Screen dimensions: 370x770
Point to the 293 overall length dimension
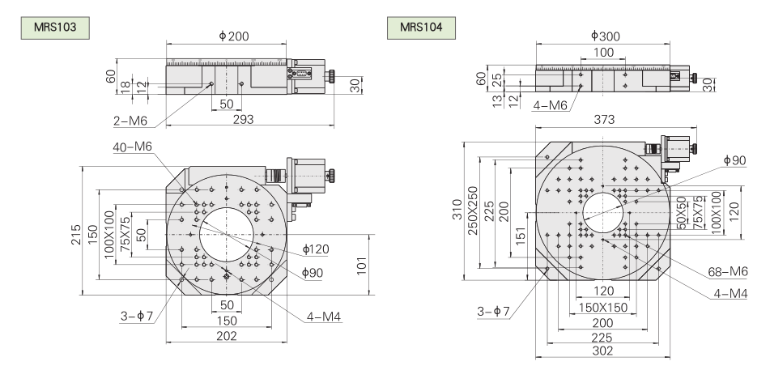click(244, 119)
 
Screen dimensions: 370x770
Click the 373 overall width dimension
click(604, 119)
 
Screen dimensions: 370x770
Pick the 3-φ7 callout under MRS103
click(138, 316)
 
